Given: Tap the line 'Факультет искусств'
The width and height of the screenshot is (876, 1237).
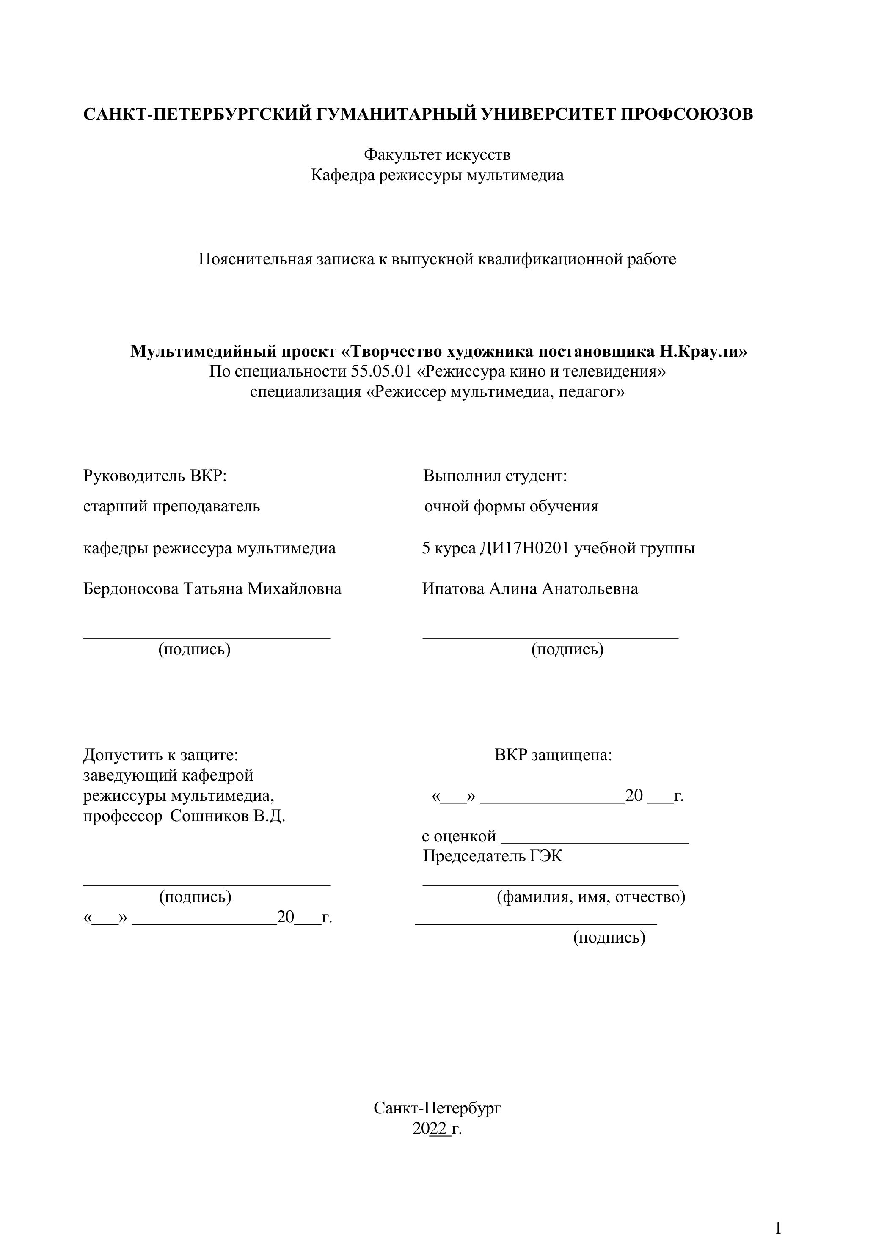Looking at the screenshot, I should pos(437,155).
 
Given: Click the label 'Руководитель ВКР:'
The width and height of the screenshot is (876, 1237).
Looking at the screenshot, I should pos(155,476).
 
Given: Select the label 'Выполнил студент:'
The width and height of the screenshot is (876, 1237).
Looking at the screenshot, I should pos(495,476).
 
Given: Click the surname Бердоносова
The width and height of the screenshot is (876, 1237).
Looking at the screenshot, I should pos(131,588).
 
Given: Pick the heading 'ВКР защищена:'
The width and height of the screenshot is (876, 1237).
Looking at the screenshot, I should pos(553,755).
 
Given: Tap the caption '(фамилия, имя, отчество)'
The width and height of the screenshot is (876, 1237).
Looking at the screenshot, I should pos(591,897).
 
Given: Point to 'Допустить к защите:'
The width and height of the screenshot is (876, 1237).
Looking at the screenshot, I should pos(160,755).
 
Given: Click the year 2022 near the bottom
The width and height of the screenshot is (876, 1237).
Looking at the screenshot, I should pos(430,1129).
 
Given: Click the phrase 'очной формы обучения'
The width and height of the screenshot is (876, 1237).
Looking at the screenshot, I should pos(511,506).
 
